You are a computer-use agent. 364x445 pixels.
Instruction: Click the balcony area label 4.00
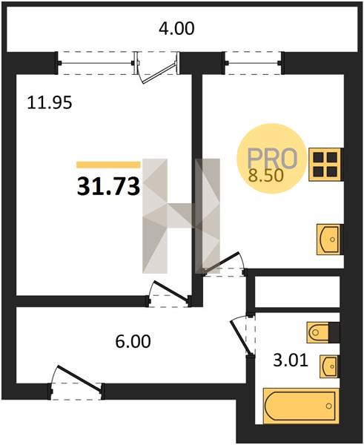pyautogui.click(x=176, y=29)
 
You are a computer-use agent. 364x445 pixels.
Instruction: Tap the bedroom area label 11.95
pyautogui.click(x=50, y=103)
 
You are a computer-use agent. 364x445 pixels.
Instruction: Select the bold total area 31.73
pyautogui.click(x=108, y=187)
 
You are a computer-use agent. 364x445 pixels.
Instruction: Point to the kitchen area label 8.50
pyautogui.click(x=266, y=175)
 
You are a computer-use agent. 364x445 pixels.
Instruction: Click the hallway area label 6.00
pyautogui.click(x=133, y=341)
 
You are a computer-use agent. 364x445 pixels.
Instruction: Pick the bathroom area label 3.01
pyautogui.click(x=291, y=360)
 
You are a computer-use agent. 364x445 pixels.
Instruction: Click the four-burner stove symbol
pyautogui.click(x=325, y=165)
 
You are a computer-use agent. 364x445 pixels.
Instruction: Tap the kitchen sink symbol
pyautogui.click(x=328, y=240)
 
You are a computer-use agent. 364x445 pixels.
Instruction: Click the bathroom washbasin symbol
pyautogui.click(x=329, y=366)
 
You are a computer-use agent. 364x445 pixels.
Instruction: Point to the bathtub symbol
pyautogui.click(x=301, y=406)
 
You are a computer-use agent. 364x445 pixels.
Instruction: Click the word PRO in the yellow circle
pyautogui.click(x=272, y=159)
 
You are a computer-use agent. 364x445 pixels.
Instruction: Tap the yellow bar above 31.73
pyautogui.click(x=108, y=165)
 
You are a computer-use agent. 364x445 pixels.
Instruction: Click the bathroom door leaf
pyautogui.click(x=242, y=337)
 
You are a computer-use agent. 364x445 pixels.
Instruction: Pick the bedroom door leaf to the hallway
pyautogui.click(x=171, y=290)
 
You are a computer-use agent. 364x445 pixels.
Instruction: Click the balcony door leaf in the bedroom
pyautogui.click(x=159, y=73)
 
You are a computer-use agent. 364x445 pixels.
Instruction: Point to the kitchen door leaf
pyautogui.click(x=221, y=263)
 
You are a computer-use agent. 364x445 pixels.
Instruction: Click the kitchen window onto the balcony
pyautogui.click(x=254, y=63)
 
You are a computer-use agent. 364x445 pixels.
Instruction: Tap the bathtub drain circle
pyautogui.click(x=329, y=406)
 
